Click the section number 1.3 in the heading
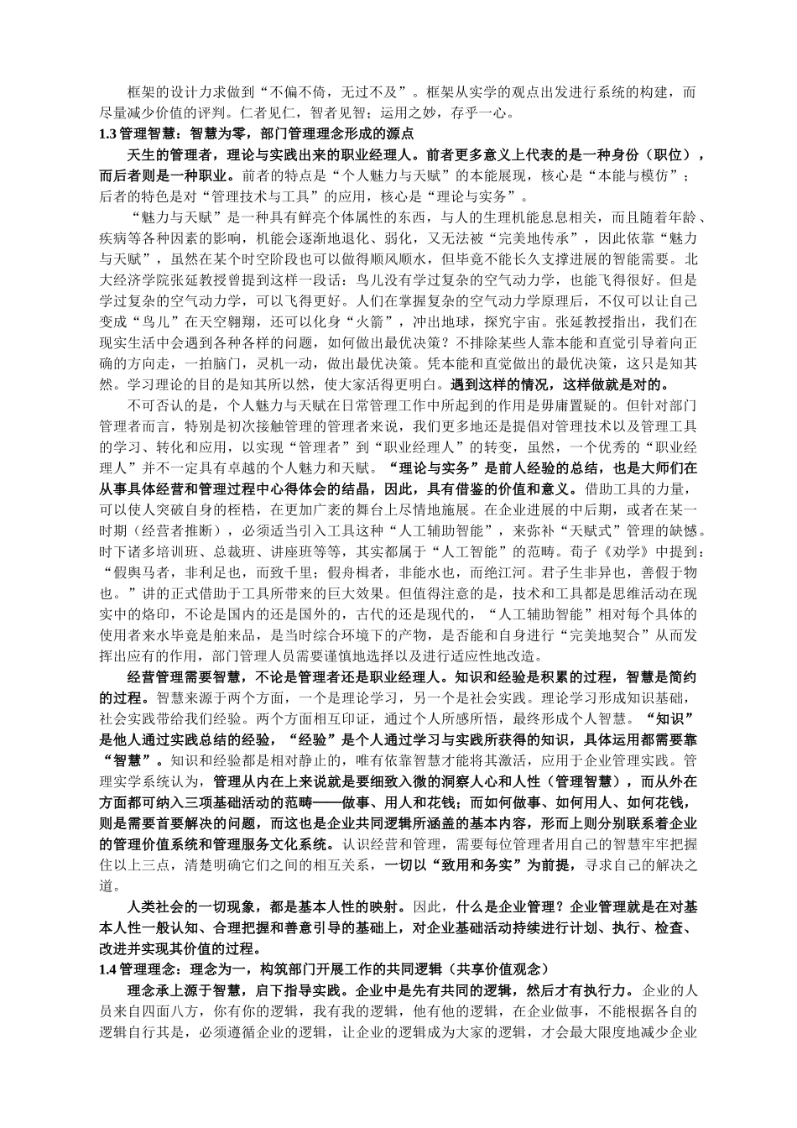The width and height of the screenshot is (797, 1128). pos(107,133)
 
